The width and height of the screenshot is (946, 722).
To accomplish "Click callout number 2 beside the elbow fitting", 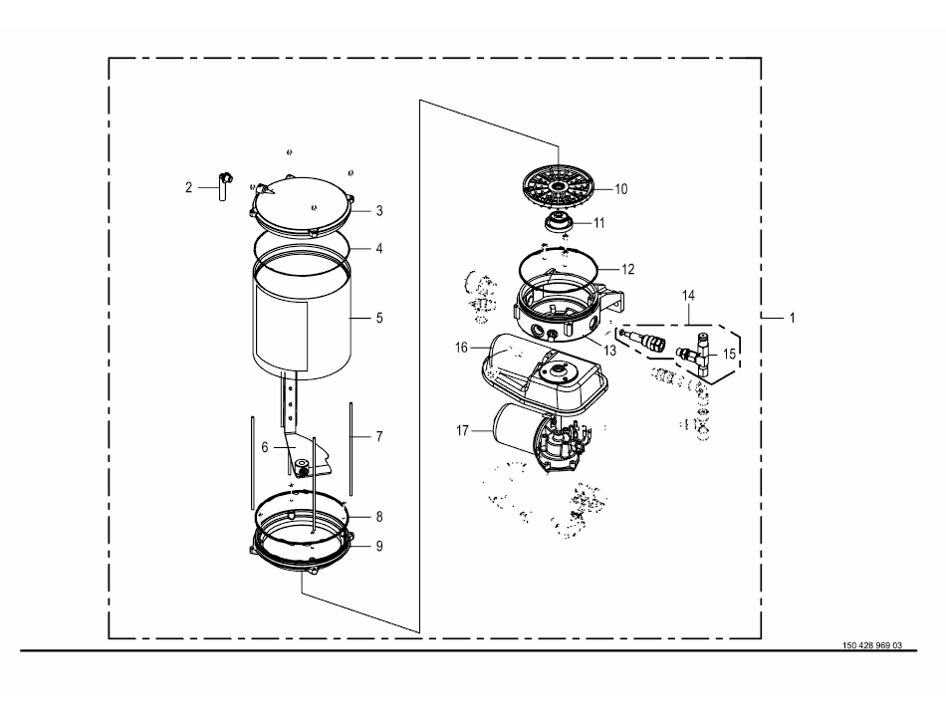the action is (x=188, y=187).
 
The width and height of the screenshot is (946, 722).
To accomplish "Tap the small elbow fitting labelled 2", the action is (x=223, y=186).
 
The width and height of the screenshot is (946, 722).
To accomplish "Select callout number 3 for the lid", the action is (x=379, y=211).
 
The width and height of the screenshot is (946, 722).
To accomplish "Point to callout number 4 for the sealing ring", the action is (x=379, y=249).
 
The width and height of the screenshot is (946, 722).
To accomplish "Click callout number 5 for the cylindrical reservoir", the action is (x=379, y=318).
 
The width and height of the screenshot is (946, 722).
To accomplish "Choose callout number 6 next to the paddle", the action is (x=264, y=447).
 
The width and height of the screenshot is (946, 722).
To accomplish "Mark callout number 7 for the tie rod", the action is (x=379, y=437).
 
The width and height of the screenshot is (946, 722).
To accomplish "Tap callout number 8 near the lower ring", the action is (x=379, y=517).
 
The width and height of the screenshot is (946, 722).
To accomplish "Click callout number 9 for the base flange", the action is (x=379, y=547).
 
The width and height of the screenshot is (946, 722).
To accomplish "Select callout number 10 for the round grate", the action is (x=620, y=189).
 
